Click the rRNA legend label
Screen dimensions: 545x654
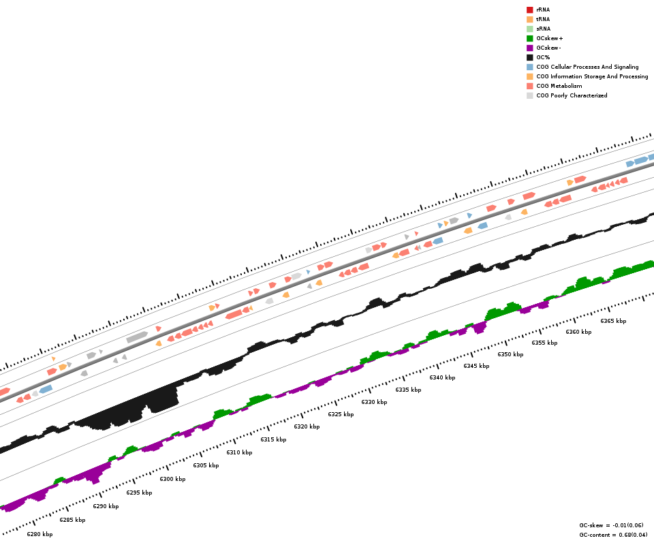(x=543, y=10)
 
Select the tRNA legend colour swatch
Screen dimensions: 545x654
(x=529, y=19)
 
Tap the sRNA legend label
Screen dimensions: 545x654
(x=543, y=29)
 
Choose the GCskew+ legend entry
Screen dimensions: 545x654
(x=549, y=38)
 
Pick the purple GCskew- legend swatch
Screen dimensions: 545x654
(x=529, y=48)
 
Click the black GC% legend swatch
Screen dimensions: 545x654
(x=529, y=57)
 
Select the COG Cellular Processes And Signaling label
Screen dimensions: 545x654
(x=587, y=67)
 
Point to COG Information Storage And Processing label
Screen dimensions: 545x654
(x=592, y=76)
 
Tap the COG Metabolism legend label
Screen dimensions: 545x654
(x=559, y=86)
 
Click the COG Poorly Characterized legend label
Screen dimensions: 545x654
(x=572, y=95)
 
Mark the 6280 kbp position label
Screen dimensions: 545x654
(x=40, y=534)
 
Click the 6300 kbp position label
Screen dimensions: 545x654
(x=172, y=479)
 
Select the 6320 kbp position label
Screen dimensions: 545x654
(x=307, y=426)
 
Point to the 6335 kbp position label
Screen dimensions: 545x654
(x=408, y=390)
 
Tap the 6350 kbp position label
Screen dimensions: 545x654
(x=510, y=354)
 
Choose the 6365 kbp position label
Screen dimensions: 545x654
(x=613, y=321)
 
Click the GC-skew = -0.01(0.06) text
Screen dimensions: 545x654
(x=611, y=525)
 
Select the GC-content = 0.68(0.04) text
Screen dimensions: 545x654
(x=613, y=535)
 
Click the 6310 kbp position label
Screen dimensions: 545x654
(x=239, y=452)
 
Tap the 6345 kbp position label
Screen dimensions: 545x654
(x=476, y=366)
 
